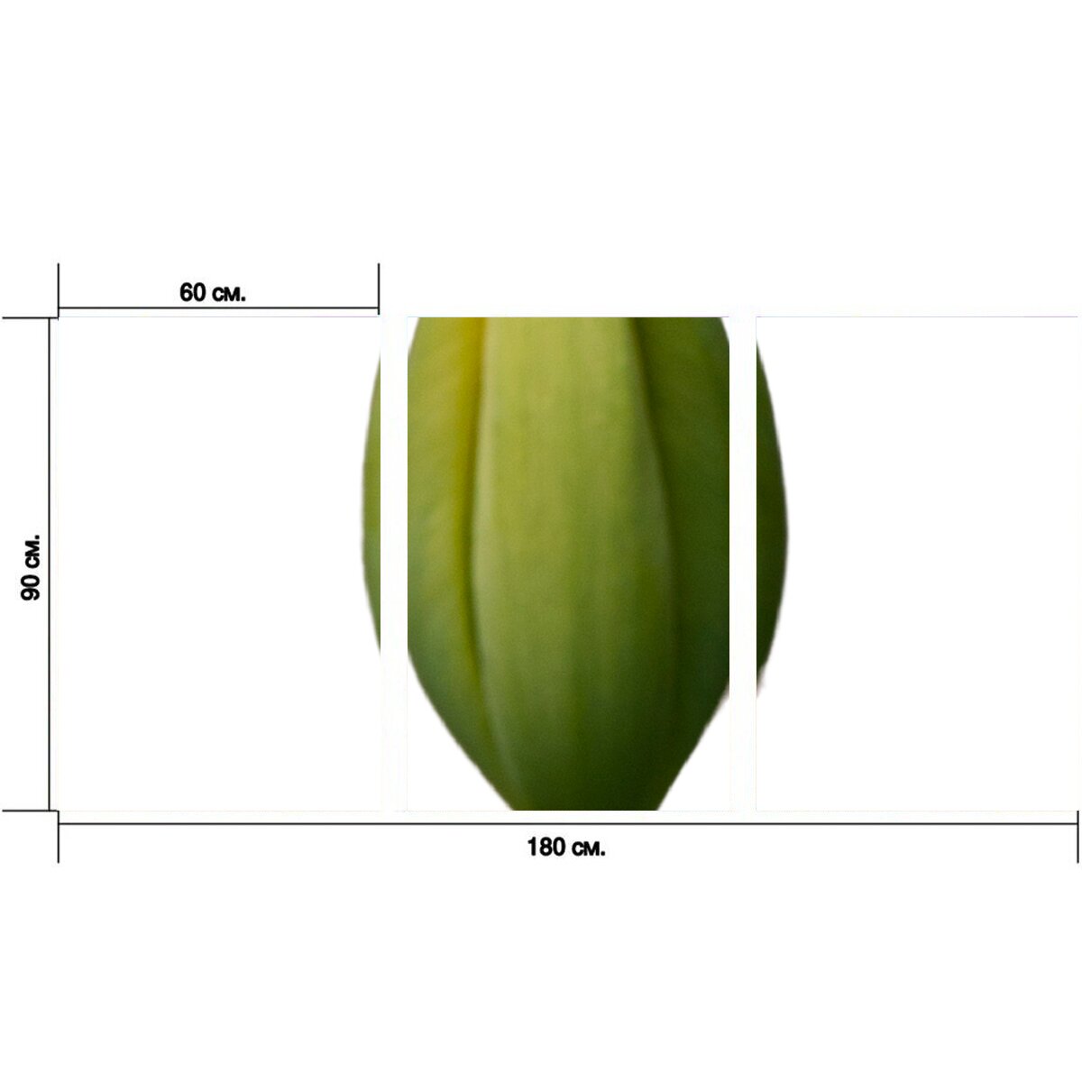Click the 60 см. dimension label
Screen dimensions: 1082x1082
(x=213, y=292)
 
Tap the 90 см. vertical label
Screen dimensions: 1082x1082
(x=31, y=567)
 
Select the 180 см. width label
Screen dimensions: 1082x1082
(x=566, y=847)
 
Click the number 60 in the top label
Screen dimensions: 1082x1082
(x=193, y=292)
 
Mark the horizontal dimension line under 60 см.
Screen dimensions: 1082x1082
(x=218, y=307)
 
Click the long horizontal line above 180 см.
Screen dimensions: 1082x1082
(x=568, y=824)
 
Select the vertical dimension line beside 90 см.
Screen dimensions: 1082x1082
(x=50, y=564)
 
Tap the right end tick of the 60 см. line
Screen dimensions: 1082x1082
(x=379, y=289)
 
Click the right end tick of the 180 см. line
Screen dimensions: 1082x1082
(x=1077, y=837)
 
